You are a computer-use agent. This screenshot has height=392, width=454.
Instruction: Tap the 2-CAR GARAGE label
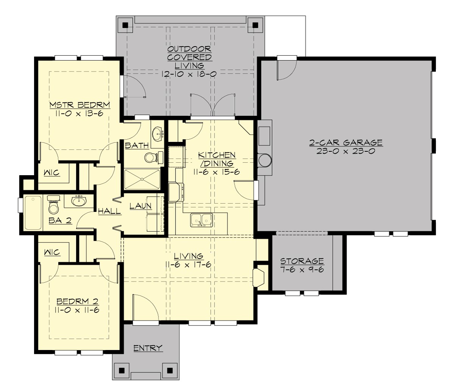click(x=346, y=143)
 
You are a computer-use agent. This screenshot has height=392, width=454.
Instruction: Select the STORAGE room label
click(x=302, y=261)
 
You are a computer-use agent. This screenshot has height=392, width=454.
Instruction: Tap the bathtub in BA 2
click(x=33, y=213)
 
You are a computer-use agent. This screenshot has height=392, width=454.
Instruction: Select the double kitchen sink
click(x=201, y=219)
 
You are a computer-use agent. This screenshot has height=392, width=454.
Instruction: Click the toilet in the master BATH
click(x=151, y=157)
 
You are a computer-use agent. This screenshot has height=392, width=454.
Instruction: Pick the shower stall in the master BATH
click(x=142, y=179)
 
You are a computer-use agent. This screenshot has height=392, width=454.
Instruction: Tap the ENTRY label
click(x=148, y=348)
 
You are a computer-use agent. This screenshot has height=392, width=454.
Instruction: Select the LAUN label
click(x=141, y=206)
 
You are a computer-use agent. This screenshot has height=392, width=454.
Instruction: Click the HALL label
click(x=109, y=212)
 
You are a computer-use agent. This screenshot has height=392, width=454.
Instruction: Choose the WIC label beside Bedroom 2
click(x=52, y=252)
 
